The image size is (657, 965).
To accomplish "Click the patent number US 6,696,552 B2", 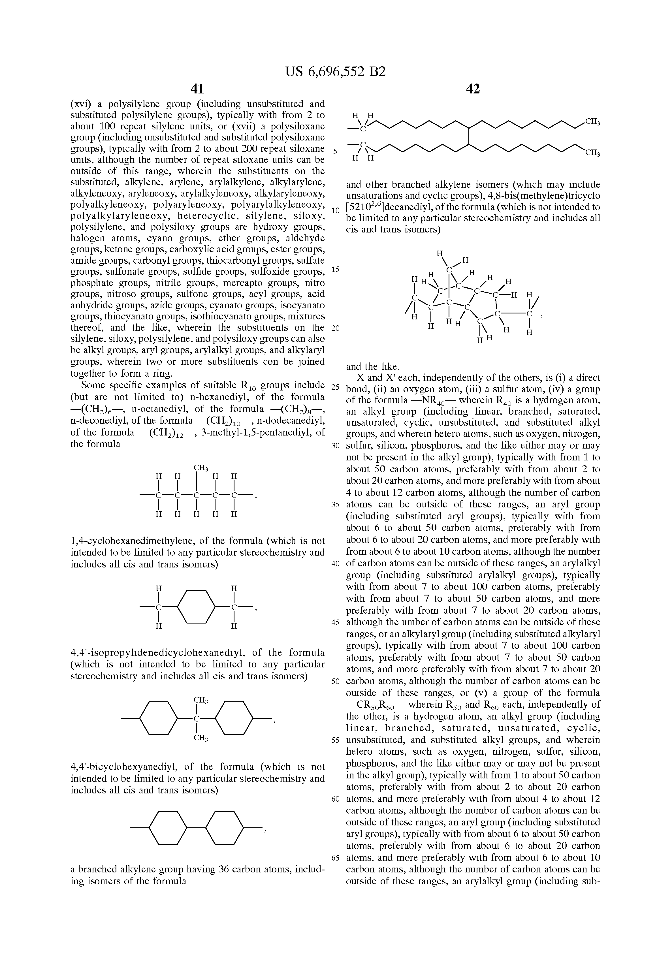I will click(336, 72).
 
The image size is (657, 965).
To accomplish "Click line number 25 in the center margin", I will click(336, 387).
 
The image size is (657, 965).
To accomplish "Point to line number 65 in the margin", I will click(336, 858).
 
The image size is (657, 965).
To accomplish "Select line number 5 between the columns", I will click(335, 151).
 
